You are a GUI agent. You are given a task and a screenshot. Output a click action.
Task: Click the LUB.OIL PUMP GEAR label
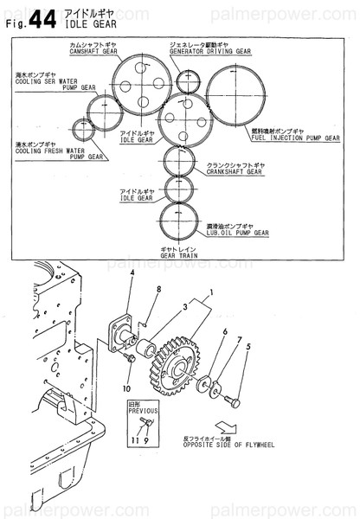[x=236, y=233]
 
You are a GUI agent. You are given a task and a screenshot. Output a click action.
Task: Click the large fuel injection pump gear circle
[x=240, y=97]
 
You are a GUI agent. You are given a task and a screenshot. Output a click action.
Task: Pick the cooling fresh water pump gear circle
[x=84, y=130]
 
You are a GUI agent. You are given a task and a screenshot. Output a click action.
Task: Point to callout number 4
[x=132, y=274]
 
